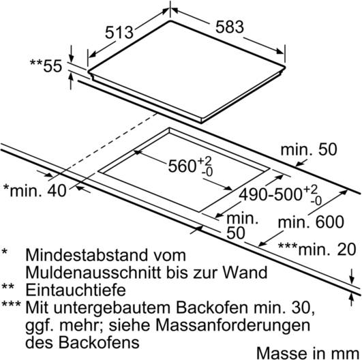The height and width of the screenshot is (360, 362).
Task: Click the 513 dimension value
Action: tap(119, 32)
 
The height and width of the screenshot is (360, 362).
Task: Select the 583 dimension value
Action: tap(230, 27)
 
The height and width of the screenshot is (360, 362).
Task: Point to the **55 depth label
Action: tap(46, 66)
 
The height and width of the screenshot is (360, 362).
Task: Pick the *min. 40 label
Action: tap(35, 190)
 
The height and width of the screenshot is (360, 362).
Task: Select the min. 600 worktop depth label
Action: tap(311, 222)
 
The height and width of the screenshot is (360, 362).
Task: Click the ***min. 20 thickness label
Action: tap(317, 250)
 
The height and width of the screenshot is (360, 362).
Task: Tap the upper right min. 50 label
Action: tap(309, 149)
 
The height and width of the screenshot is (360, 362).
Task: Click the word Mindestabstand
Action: tap(89, 255)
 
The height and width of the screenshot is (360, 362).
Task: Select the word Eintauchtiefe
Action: tap(76, 290)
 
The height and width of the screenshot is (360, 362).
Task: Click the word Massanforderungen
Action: tap(232, 325)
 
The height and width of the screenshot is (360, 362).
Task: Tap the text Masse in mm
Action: tap(308, 353)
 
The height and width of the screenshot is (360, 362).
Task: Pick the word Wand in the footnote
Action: tap(245, 272)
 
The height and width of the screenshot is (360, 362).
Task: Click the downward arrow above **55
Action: tap(71, 54)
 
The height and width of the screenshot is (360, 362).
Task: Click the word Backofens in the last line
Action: tap(99, 342)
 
